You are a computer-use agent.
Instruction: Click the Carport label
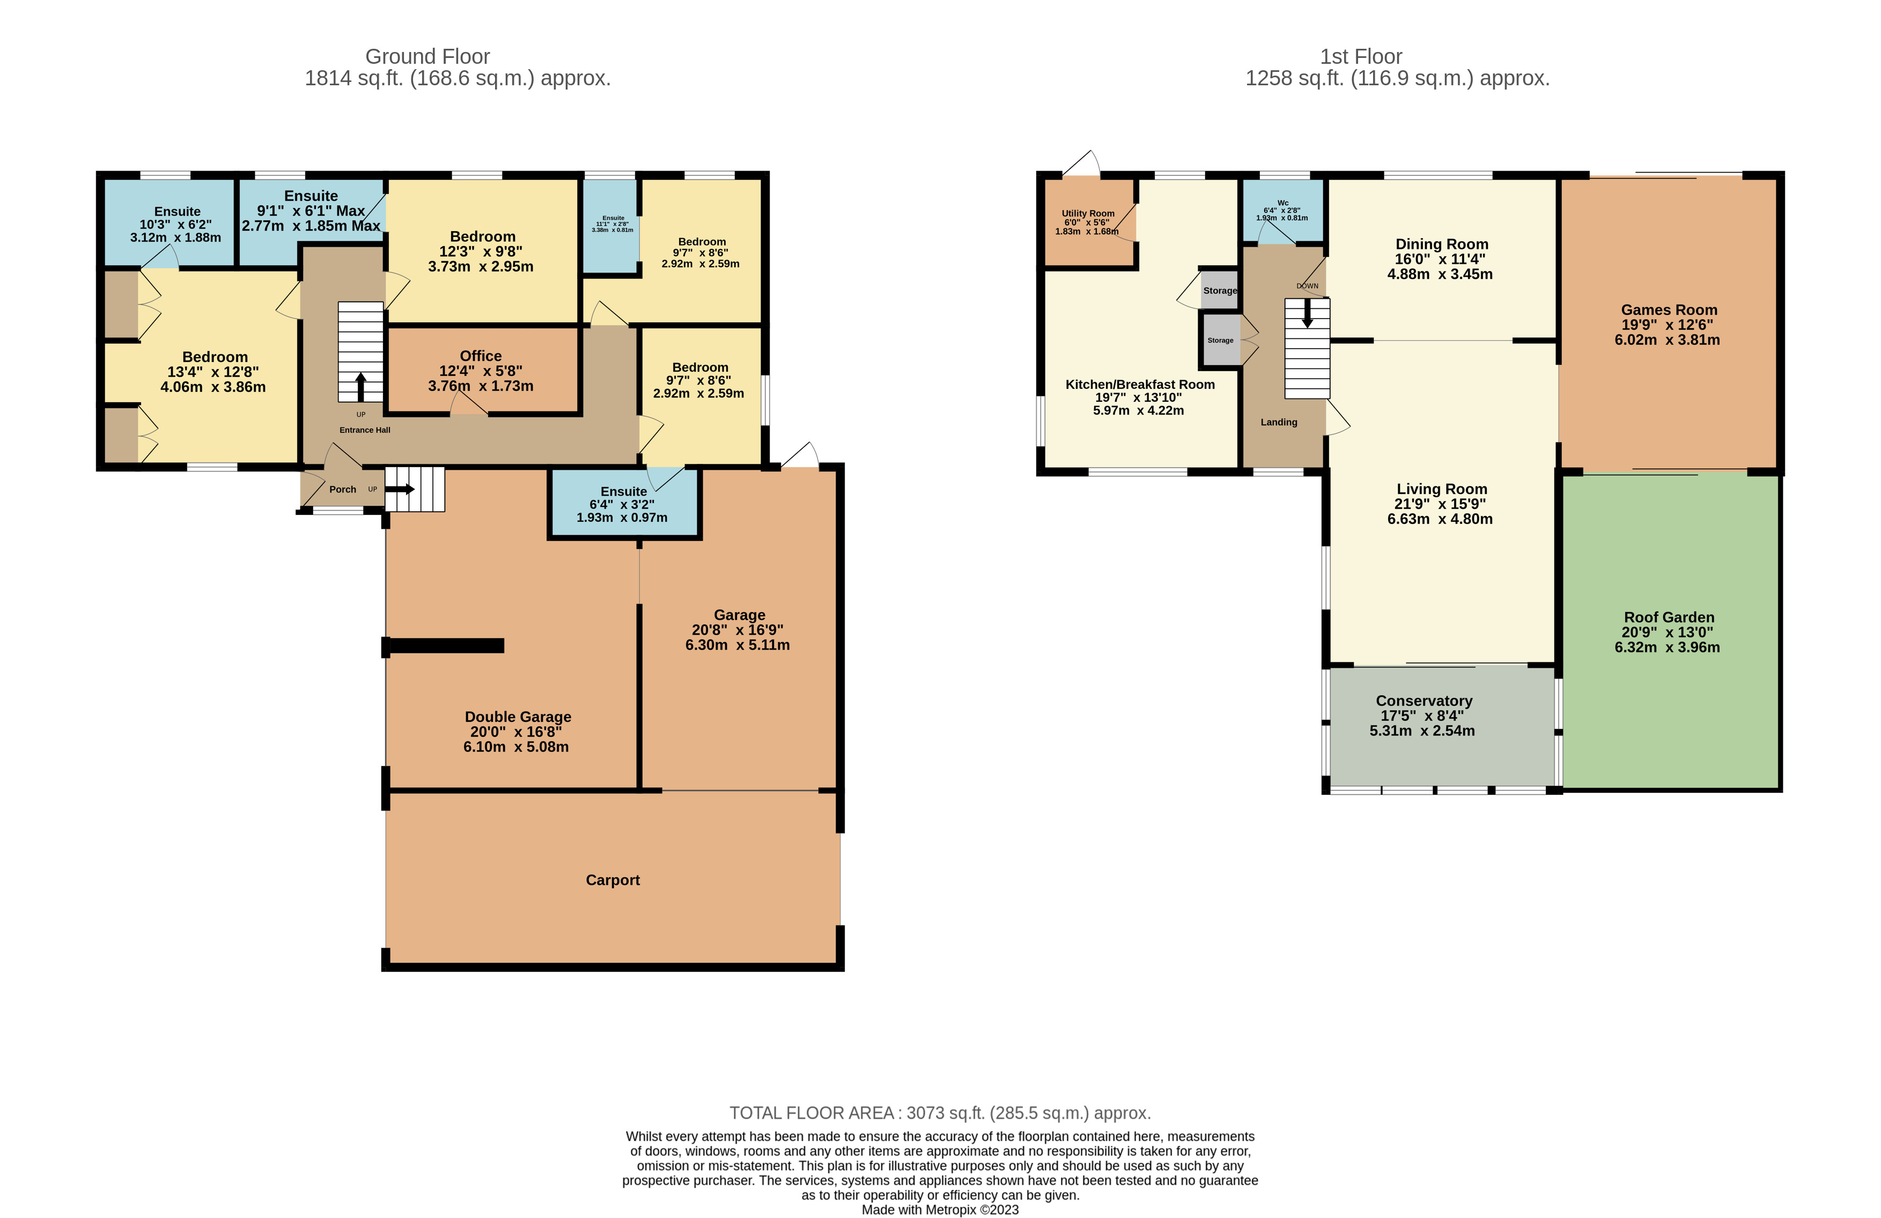tap(613, 880)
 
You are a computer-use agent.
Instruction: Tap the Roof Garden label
tap(1669, 617)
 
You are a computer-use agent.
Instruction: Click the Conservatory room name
tap(1423, 700)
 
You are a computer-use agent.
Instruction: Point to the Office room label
tap(481, 356)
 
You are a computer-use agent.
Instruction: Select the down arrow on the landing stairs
tap(1307, 313)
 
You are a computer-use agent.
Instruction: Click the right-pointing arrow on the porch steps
tap(400, 489)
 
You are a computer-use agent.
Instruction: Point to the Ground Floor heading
tap(427, 57)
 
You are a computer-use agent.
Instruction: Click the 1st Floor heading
tap(1360, 57)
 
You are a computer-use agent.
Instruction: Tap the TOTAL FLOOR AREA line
tap(940, 1113)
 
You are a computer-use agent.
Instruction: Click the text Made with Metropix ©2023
tap(940, 1209)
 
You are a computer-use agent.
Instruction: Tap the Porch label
tap(342, 489)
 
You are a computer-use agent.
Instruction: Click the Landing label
tap(1278, 422)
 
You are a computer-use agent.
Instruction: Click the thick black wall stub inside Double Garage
tap(447, 646)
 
